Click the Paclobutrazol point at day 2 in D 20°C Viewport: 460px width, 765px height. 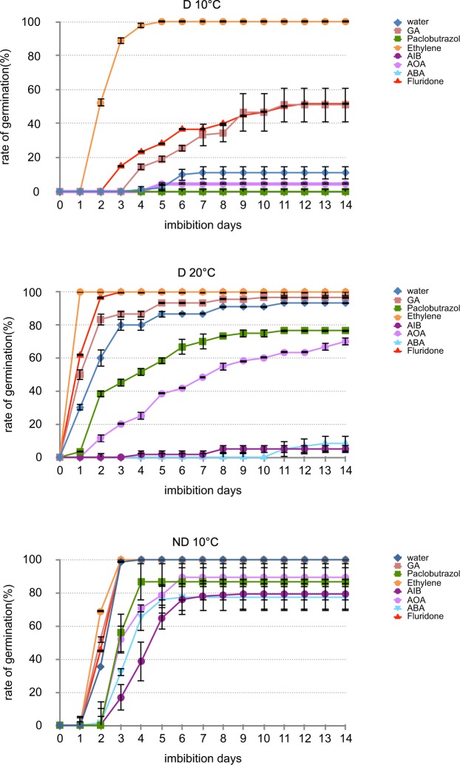coord(101,394)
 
